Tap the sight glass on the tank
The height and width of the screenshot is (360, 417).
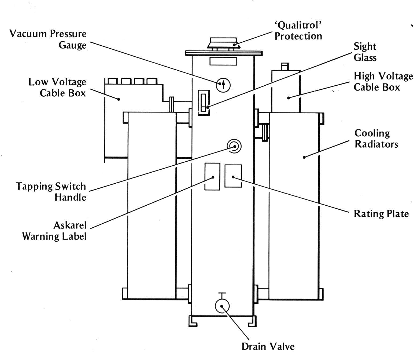coord(204,103)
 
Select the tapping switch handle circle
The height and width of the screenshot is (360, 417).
coord(234,147)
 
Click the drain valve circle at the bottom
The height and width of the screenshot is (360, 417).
coord(222,306)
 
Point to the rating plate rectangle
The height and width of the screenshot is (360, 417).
coord(233,176)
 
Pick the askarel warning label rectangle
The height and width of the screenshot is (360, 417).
coord(212,176)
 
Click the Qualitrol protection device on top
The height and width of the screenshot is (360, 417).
coord(223,44)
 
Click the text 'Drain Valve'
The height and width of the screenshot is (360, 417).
coord(268,346)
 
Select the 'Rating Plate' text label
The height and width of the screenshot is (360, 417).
coord(381,214)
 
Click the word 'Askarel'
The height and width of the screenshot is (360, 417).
coord(70,225)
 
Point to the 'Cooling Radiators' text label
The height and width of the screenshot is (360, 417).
coord(376,139)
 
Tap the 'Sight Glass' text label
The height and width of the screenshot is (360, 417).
coord(365,52)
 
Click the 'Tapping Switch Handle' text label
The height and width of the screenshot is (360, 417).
coord(51,192)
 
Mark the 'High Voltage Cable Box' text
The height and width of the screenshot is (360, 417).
coord(383,82)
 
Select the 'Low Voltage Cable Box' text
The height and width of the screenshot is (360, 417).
coord(57,87)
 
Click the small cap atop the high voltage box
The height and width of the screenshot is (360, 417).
coord(285,66)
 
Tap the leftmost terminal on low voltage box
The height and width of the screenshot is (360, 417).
coord(112,81)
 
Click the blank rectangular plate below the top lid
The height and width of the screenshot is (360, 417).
coord(223,61)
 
